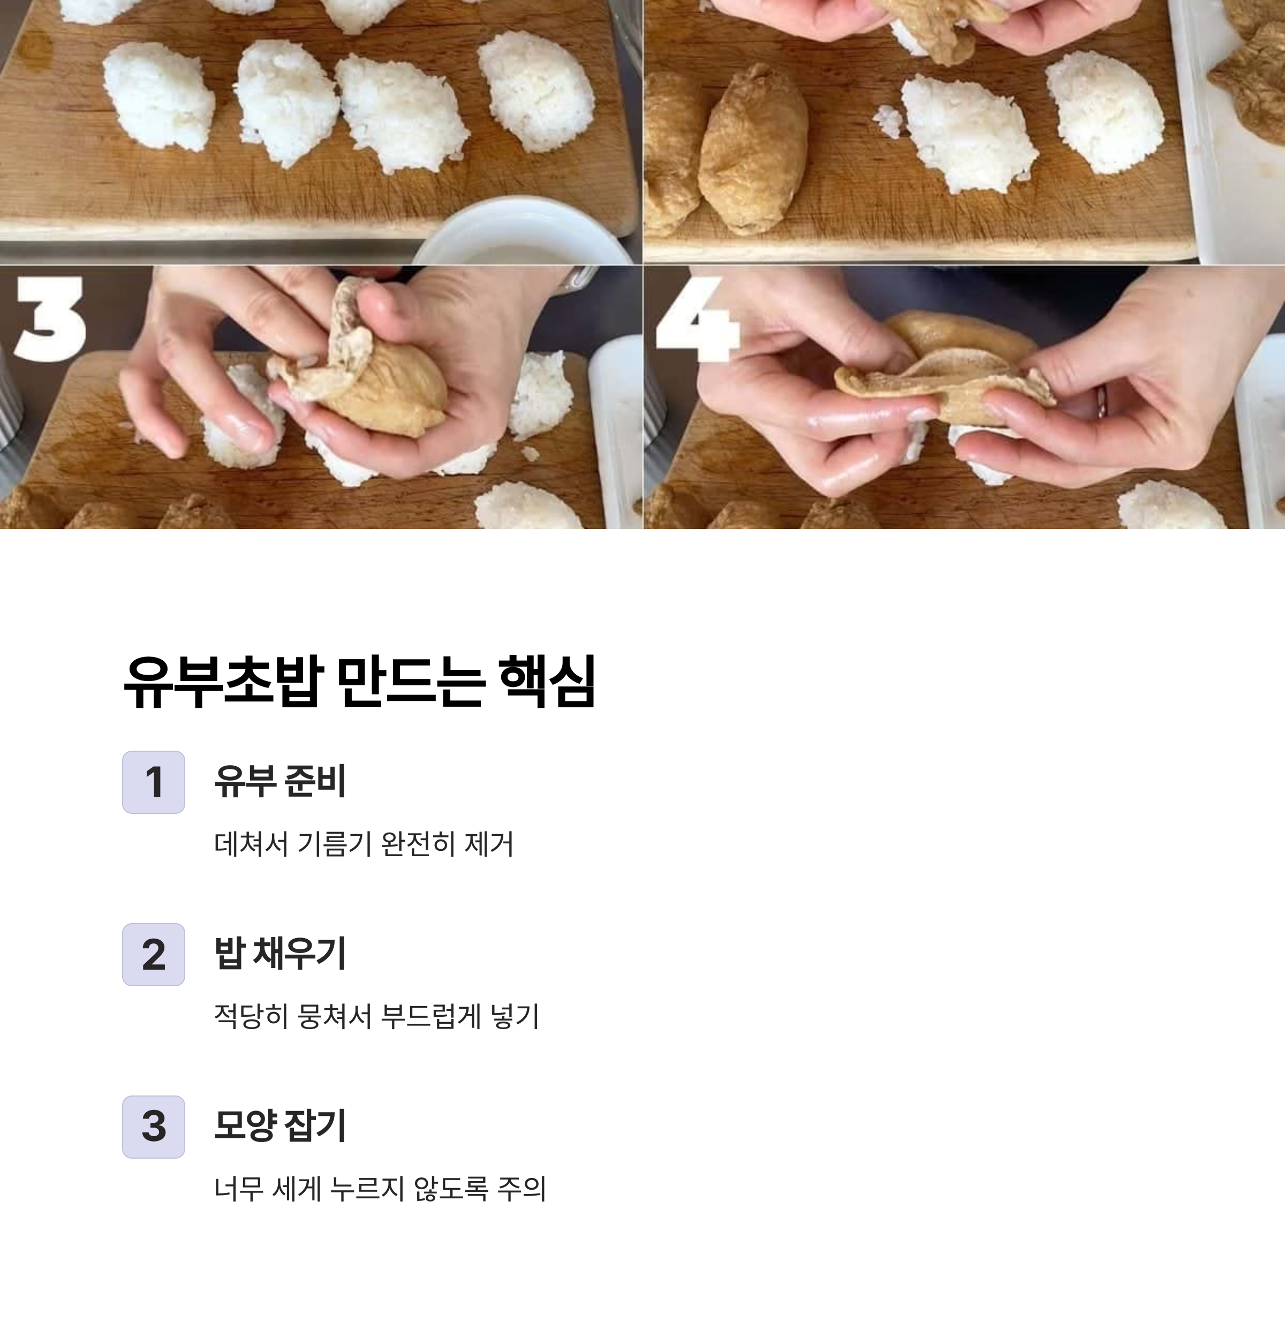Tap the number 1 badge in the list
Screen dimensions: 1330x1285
tap(153, 782)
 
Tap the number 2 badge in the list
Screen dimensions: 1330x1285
tap(153, 954)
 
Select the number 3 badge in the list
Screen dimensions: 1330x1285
tap(153, 1127)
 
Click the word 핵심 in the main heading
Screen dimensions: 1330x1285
tap(547, 681)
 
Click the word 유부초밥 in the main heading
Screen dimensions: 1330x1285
tap(224, 681)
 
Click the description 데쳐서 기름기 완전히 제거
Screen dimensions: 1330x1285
tap(364, 843)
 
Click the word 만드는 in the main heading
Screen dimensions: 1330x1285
tap(409, 681)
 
